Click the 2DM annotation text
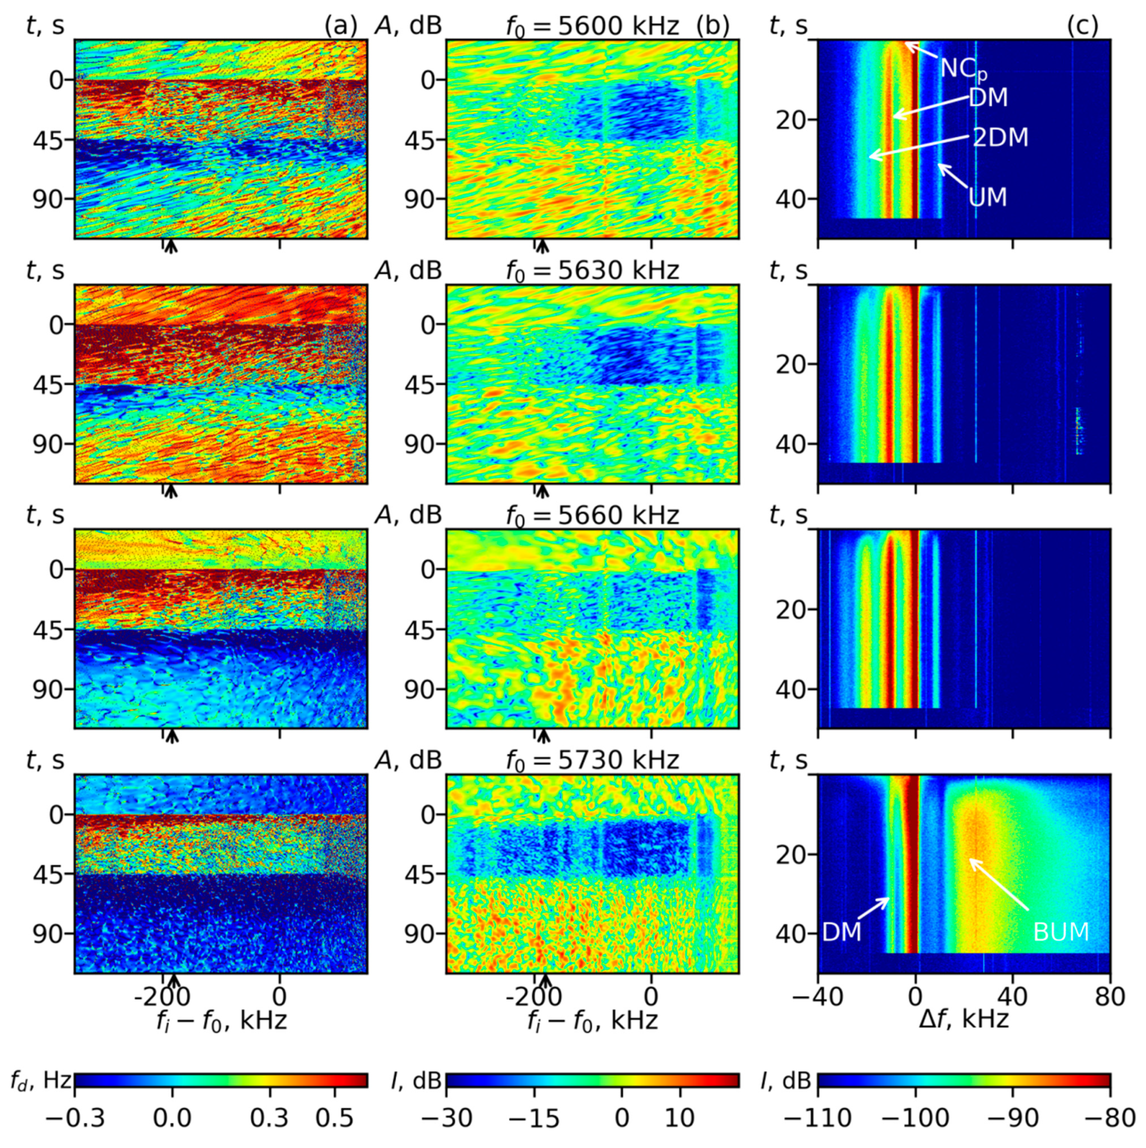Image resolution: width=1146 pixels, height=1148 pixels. point(1000,138)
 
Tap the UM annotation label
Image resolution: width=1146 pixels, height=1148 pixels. point(988,197)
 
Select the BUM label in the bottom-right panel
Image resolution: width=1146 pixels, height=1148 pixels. point(1061,932)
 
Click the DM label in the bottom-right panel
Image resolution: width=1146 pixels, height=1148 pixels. point(842,932)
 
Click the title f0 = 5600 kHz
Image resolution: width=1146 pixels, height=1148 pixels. point(592,26)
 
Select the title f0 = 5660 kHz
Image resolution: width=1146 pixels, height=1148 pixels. point(592,516)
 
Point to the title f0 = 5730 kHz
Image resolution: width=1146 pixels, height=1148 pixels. point(592,761)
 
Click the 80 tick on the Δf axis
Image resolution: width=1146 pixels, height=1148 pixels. point(1109,996)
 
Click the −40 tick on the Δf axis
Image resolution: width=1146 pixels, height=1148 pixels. point(819,996)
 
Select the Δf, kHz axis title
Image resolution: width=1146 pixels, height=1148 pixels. point(963,1020)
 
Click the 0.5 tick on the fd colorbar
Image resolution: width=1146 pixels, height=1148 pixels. point(335,1119)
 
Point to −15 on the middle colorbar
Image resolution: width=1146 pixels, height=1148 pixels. point(534,1119)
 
